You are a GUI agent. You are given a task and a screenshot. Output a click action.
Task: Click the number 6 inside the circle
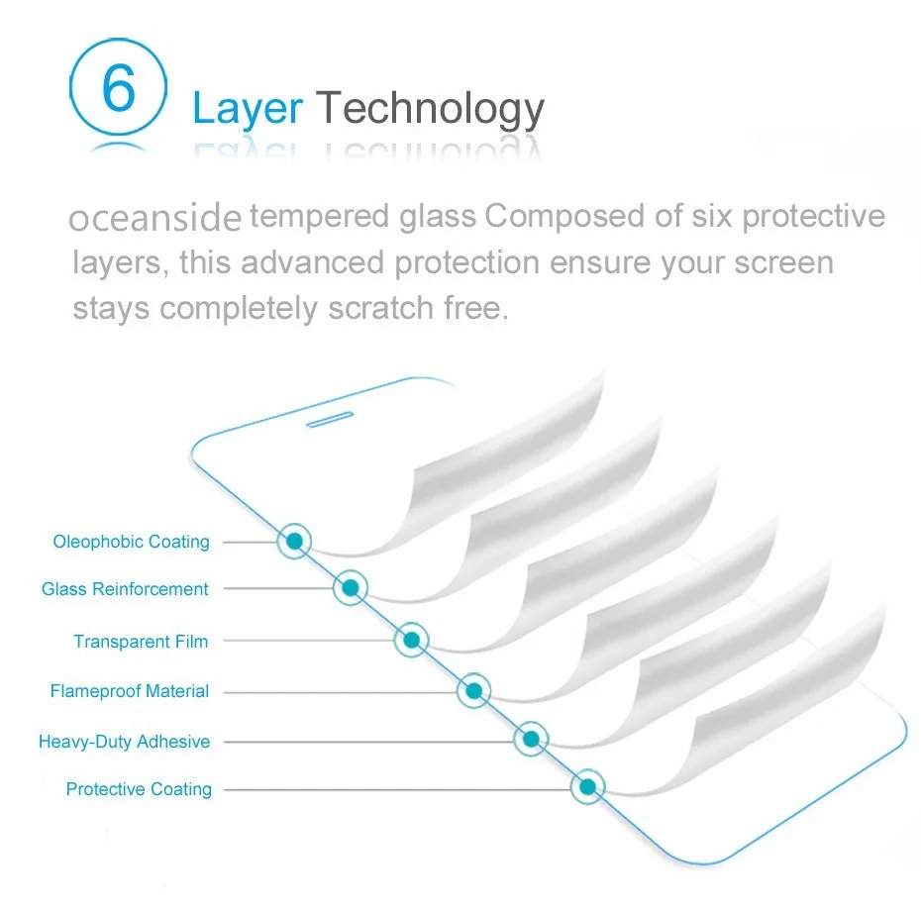pos(118,89)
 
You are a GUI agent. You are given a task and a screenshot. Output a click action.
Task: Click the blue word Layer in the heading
pos(248,108)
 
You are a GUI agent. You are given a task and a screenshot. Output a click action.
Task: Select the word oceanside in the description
pos(155,218)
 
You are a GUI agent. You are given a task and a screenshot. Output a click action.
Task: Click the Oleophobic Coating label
pos(132,542)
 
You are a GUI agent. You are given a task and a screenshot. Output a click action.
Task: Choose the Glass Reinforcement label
pos(125,589)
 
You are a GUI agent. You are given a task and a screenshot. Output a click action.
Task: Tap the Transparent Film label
pos(141,642)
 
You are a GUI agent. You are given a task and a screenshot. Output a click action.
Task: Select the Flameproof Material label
pos(130,691)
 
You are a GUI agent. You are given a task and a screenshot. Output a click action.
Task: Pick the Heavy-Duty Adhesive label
pos(124,742)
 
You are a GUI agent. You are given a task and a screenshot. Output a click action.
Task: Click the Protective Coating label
pos(139,789)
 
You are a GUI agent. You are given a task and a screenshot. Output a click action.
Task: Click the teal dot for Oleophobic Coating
pos(293,541)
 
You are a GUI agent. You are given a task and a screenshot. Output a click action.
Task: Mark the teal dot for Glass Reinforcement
pos(349,589)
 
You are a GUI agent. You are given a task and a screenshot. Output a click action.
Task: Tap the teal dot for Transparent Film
pos(411,641)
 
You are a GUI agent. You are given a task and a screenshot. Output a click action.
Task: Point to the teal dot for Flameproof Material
pos(473,690)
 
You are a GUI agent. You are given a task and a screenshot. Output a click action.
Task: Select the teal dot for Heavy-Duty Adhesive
pos(531,739)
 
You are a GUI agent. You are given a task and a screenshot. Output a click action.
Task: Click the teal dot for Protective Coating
pos(587,787)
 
